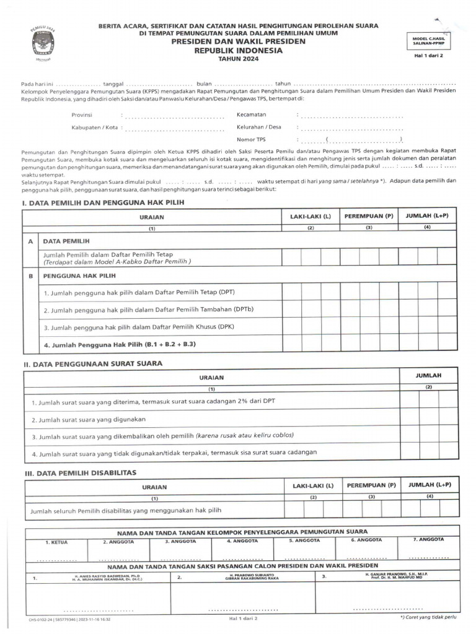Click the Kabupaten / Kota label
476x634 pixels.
tap(94, 128)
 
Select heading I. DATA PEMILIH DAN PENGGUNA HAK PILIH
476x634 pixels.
tap(103, 203)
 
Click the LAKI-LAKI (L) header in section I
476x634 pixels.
tap(311, 216)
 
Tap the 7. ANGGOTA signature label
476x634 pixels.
tap(428, 539)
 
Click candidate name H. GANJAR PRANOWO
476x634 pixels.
tap(397, 574)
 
